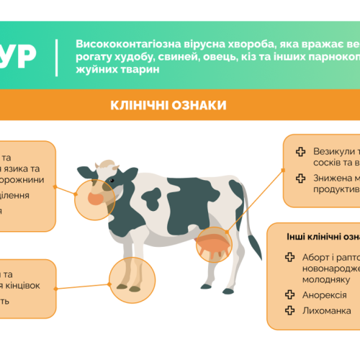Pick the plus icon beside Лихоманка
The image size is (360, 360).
click(289, 311)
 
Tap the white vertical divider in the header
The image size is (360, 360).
click(57, 57)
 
